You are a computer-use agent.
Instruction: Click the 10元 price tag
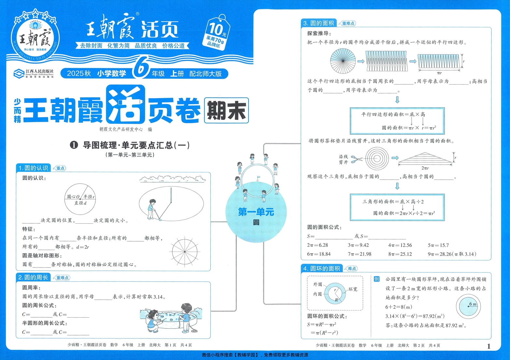click(x=216, y=33)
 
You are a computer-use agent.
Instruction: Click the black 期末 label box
click(x=226, y=110)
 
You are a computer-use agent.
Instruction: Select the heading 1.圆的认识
click(x=33, y=168)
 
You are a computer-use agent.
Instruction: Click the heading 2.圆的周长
click(x=33, y=277)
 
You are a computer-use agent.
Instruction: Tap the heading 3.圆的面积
click(x=319, y=23)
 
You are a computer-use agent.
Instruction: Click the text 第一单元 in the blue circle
click(x=256, y=212)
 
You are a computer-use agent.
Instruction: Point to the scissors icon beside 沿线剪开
click(x=357, y=159)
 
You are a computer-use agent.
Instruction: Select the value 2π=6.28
click(x=317, y=245)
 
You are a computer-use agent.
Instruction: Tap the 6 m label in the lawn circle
click(x=473, y=304)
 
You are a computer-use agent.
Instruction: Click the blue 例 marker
click(x=376, y=279)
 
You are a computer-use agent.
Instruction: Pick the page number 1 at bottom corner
click(x=489, y=346)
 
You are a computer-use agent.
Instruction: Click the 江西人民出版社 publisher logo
click(x=33, y=73)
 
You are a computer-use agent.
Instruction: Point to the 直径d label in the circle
click(x=80, y=203)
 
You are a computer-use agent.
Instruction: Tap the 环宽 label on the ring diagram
click(x=353, y=289)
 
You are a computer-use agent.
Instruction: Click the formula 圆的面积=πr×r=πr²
click(x=409, y=128)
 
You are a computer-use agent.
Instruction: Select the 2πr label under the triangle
click(x=425, y=168)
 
